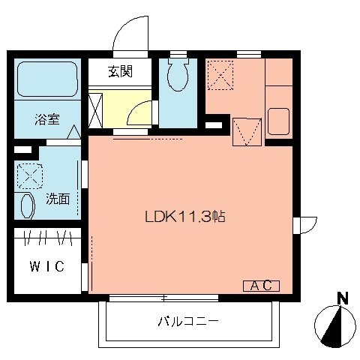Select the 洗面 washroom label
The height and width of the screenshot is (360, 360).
pyautogui.click(x=58, y=199)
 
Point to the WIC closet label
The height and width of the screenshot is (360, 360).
pyautogui.click(x=46, y=266)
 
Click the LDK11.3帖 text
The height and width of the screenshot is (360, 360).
pyautogui.click(x=185, y=217)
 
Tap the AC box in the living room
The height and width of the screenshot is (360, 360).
pyautogui.click(x=261, y=285)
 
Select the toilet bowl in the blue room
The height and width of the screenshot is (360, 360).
pyautogui.click(x=178, y=76)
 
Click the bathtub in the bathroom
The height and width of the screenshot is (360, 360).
pyautogui.click(x=46, y=81)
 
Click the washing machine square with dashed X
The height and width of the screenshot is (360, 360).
pyautogui.click(x=30, y=178)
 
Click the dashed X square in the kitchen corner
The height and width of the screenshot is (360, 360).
pyautogui.click(x=219, y=74)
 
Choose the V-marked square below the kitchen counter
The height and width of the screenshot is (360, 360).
pyautogui.click(x=246, y=131)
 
